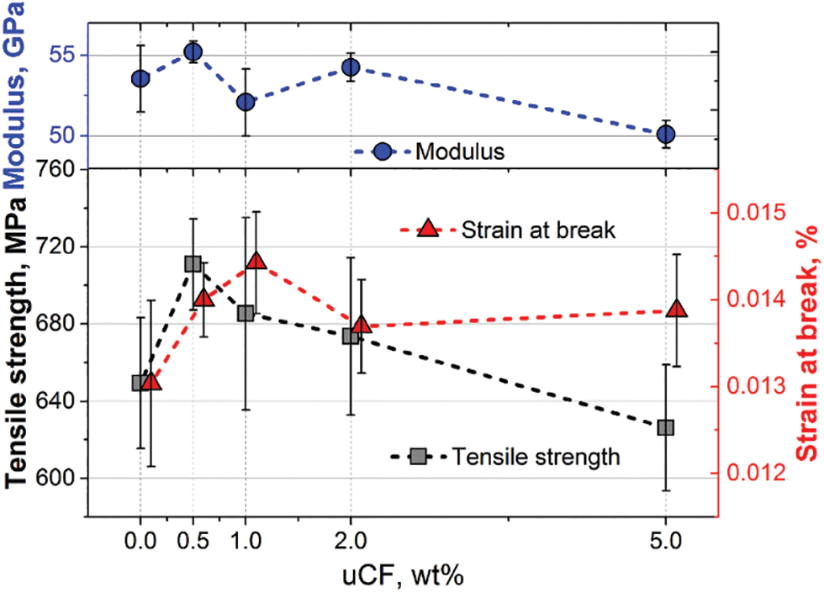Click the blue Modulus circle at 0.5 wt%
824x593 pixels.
pos(193,52)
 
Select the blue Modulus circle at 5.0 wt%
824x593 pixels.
pos(666,135)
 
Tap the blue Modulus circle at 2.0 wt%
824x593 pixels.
pos(351,67)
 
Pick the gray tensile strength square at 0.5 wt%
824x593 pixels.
pos(193,264)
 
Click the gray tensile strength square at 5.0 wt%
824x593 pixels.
pos(666,427)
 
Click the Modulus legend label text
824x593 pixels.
pos(461,152)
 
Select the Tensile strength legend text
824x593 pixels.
pos(536,457)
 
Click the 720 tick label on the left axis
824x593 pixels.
pos(60,247)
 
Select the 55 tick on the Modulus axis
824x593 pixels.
pos(63,56)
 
